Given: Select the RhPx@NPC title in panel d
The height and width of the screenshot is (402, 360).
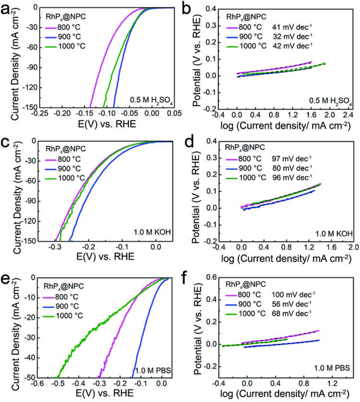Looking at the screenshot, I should pos(244,146).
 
